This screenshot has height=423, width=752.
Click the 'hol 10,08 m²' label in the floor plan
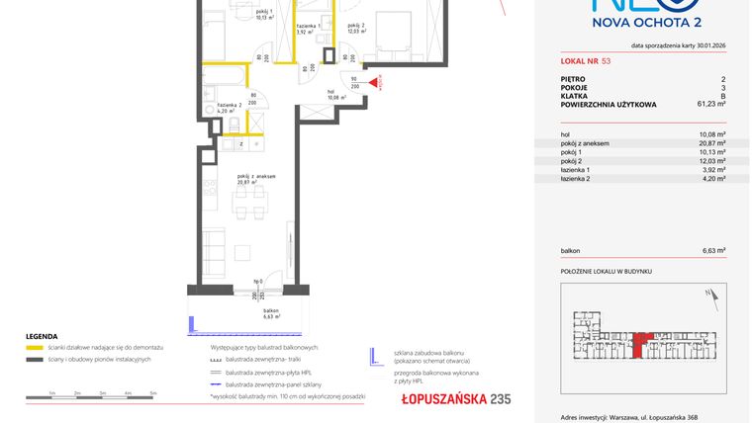336,95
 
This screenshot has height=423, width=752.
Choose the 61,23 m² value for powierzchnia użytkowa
709,102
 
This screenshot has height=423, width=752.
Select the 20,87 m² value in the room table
709,143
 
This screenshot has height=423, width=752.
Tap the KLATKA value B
722,94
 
